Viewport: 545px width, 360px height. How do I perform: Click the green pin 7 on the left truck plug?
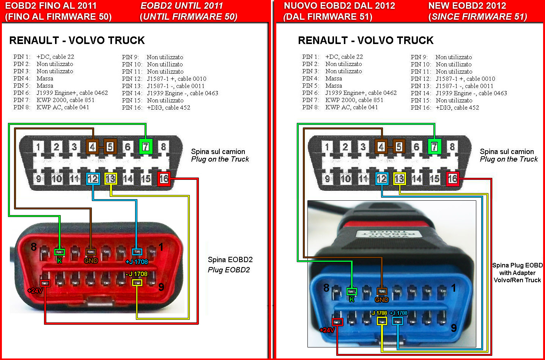click(146, 146)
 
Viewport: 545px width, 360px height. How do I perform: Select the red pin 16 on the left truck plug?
click(164, 179)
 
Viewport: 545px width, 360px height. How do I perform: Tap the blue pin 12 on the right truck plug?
click(381, 179)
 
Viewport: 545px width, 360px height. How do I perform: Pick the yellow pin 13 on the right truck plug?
click(399, 179)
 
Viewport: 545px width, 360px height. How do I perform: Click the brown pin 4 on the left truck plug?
click(92, 146)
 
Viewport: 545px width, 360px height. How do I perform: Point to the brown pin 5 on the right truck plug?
click(399, 146)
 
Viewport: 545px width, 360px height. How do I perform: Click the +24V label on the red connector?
click(35, 291)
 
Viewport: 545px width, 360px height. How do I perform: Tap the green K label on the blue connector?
click(352, 300)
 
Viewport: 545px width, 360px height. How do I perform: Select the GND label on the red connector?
click(91, 261)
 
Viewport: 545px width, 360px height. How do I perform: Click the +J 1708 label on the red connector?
click(137, 262)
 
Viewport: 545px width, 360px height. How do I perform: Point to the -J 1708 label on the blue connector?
click(379, 313)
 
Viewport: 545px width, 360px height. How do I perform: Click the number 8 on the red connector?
click(34, 247)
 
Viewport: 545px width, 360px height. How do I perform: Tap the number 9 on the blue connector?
click(454, 328)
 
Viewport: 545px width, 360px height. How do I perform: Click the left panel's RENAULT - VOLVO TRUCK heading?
click(77, 40)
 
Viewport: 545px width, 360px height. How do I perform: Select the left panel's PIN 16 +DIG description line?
click(156, 107)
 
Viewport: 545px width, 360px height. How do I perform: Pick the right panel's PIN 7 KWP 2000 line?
click(343, 100)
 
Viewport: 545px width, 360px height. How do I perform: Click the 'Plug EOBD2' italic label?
click(229, 270)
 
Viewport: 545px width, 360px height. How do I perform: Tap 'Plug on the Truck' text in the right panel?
click(509, 159)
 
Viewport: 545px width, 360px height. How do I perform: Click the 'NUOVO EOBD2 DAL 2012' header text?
click(339, 6)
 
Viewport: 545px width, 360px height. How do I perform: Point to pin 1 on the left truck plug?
click(38, 146)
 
